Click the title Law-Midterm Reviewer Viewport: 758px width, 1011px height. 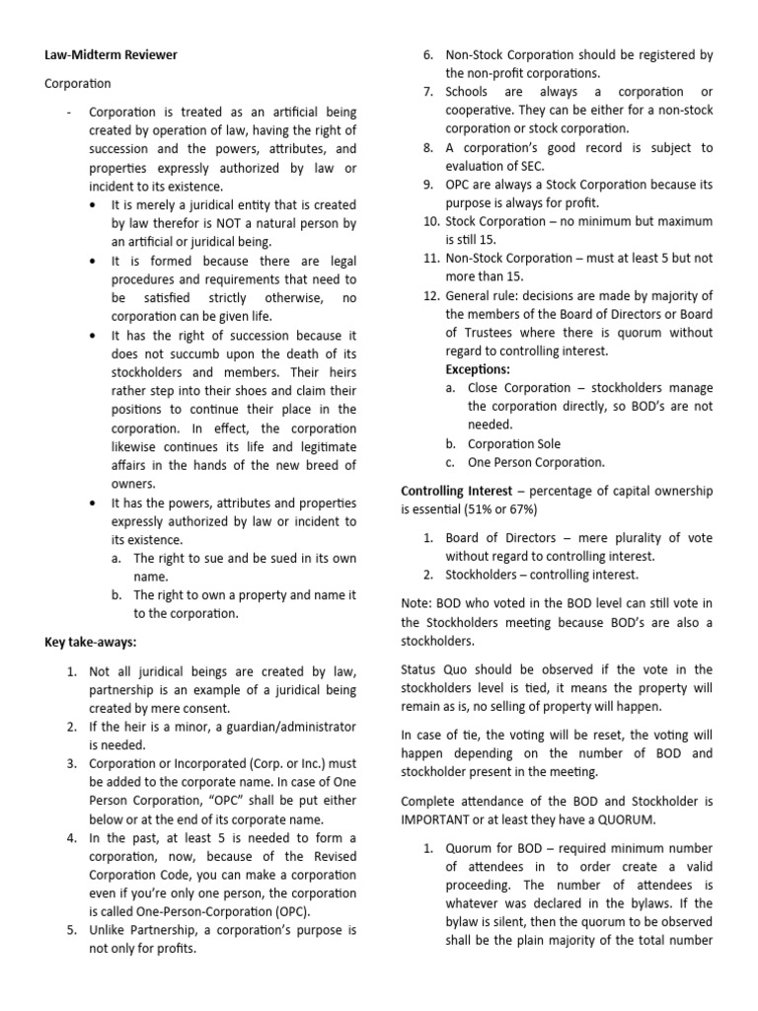pos(111,55)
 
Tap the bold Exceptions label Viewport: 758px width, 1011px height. pos(478,369)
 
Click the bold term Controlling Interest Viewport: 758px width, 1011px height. pos(456,491)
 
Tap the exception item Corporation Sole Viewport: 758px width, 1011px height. pos(514,443)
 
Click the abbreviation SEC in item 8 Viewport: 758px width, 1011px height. pos(502,166)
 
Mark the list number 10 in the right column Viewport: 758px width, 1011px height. pos(428,220)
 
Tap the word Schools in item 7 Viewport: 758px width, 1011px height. pos(469,92)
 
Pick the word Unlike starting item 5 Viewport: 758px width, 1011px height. pos(109,930)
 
